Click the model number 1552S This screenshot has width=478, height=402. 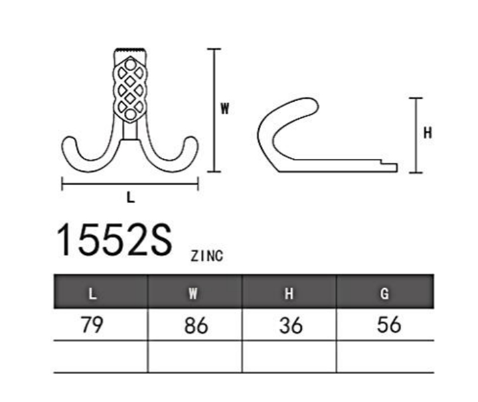coord(114,240)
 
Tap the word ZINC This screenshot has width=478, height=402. coord(207,256)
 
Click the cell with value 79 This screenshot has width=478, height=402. coord(92,324)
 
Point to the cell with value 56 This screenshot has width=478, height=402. coord(389,324)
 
